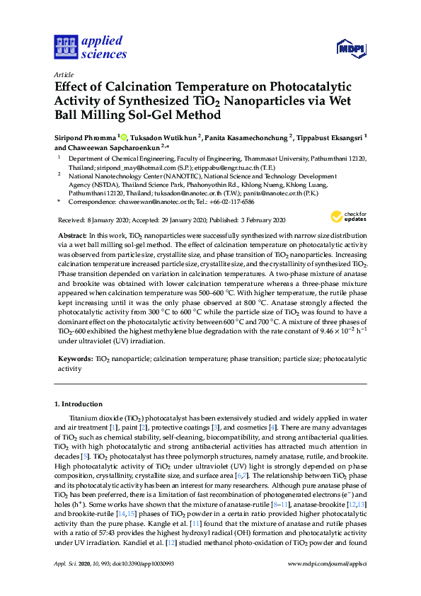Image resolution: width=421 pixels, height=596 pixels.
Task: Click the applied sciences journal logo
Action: (91, 47)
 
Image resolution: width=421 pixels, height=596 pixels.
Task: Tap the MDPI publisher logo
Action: (351, 49)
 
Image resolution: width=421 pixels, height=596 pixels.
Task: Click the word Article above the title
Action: (63, 74)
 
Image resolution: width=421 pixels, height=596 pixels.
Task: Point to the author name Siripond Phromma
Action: (86, 137)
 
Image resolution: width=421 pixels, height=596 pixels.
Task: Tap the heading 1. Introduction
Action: (78, 404)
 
